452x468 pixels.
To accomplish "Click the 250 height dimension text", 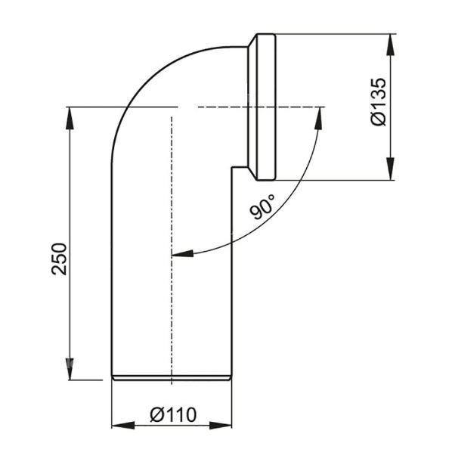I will point(63,259).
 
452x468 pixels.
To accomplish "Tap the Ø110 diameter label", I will point(172,414).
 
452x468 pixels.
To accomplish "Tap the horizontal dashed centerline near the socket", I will point(227,107).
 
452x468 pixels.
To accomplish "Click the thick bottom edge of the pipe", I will point(172,376).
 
